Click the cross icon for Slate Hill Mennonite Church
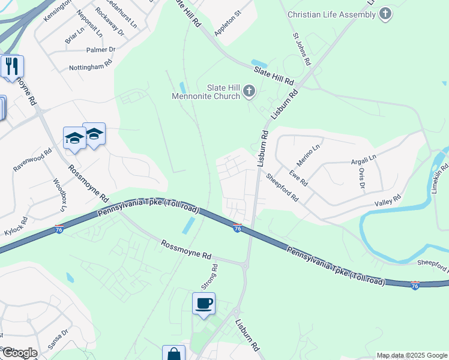249,92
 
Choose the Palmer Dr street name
100,50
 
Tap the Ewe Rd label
298,178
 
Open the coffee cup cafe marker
204,304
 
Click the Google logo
19,353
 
